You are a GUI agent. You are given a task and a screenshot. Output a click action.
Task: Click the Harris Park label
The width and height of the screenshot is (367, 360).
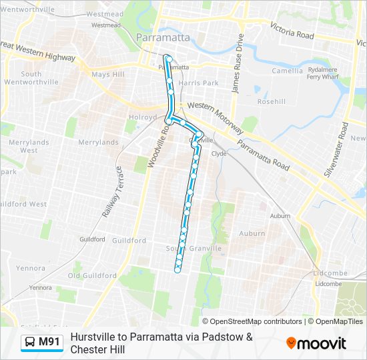point(199,83)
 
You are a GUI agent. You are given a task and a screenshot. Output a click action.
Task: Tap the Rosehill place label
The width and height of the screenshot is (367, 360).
point(271,102)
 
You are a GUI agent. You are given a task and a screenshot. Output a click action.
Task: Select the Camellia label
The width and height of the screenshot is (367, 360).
point(287,71)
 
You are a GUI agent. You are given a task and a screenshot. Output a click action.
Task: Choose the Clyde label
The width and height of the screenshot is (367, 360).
point(219,153)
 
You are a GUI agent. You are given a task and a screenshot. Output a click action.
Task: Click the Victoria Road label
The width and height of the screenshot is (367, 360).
point(292,31)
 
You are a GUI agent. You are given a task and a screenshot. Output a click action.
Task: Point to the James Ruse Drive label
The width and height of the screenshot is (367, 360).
point(235,74)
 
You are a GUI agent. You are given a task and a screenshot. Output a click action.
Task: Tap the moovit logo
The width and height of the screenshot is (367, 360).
point(316,343)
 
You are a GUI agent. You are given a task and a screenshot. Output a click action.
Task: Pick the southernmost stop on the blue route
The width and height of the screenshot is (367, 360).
point(177,269)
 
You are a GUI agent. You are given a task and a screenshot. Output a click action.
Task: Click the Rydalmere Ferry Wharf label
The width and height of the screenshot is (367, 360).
point(322,73)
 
